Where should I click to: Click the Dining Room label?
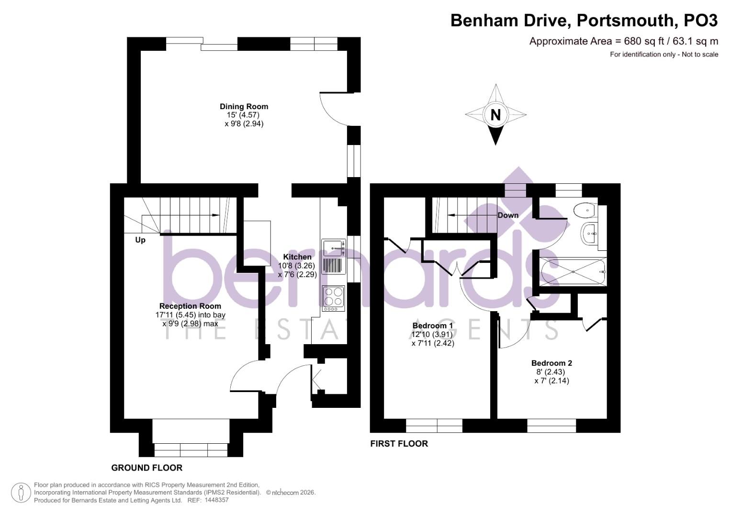[x=244, y=106]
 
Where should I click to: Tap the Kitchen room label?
[x=297, y=257]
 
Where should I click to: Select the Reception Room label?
[x=190, y=306]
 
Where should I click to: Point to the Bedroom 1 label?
[x=432, y=326]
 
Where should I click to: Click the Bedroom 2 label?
[x=551, y=363]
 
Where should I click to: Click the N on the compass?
[x=495, y=115]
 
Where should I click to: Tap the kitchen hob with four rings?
[x=334, y=296]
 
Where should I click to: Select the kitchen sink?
[x=333, y=247]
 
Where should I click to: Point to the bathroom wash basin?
[x=589, y=234]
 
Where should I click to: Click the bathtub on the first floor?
[x=573, y=271]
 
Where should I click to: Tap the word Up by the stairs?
[x=140, y=240]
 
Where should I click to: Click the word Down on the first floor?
[x=508, y=215]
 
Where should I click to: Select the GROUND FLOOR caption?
[x=147, y=468]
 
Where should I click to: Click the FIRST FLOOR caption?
[x=399, y=444]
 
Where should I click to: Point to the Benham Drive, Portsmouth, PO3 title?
[x=584, y=21]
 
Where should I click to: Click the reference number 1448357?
[x=216, y=500]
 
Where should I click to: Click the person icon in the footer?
[x=21, y=493]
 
